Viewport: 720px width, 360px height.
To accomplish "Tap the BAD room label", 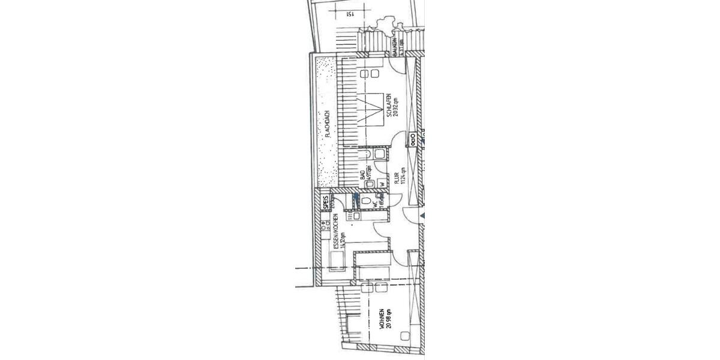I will coord(362,175).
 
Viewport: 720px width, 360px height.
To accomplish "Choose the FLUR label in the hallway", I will coord(396,178).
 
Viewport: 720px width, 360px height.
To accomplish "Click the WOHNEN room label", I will coord(382,319).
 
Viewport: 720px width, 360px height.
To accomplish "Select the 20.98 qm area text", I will coord(389,319).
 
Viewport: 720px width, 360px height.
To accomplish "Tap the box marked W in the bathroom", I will coord(381,184).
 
